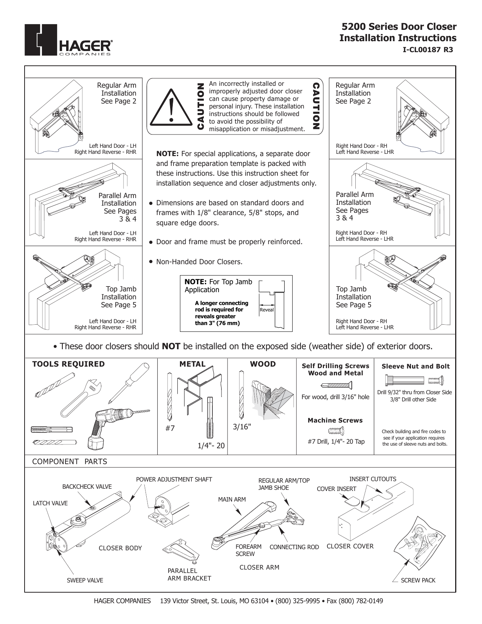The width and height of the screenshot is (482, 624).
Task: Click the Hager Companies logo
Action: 68,40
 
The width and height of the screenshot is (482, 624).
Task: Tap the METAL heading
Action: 192,364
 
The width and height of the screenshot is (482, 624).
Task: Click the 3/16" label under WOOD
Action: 242,427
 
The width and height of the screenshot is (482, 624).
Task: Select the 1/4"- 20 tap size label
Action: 211,446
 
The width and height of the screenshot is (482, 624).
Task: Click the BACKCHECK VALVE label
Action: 87,486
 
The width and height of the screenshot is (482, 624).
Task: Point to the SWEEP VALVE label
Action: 85,580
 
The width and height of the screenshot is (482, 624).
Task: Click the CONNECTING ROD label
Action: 294,547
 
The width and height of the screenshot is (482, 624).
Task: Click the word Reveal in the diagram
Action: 267,310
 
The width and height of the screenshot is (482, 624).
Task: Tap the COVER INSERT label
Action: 336,489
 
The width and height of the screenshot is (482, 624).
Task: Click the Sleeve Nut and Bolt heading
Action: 415,366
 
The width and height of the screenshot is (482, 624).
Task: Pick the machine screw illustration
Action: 336,430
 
